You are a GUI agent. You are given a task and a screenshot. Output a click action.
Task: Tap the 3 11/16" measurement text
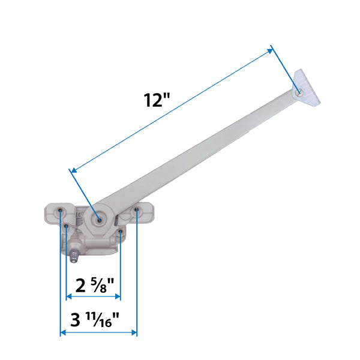coord(95,319)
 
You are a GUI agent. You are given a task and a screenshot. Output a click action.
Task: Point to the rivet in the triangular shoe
coord(299,91)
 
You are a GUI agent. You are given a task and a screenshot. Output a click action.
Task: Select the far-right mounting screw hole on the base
coord(137,210)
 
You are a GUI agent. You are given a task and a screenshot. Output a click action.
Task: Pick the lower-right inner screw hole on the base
coord(121,230)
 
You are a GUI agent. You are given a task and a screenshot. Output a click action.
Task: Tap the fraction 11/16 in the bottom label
coord(107,317)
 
